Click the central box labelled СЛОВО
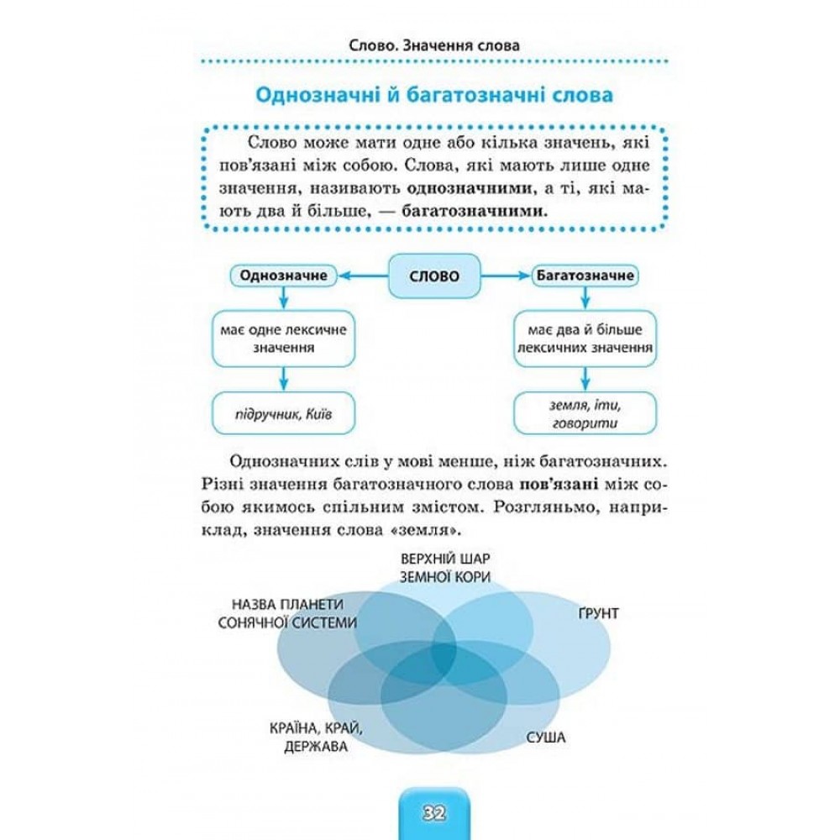point(428,276)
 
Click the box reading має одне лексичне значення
point(282,339)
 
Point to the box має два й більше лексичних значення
point(574,339)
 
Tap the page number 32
point(433,813)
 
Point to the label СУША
point(546,738)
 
